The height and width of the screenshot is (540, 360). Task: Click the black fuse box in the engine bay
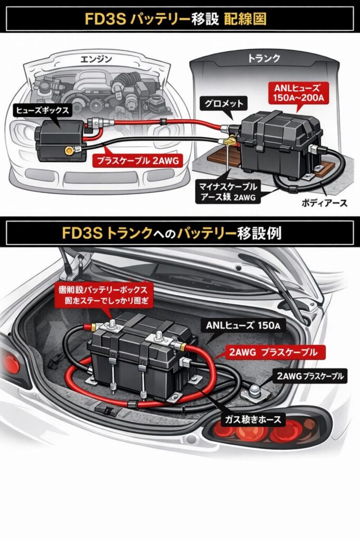(58, 139)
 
